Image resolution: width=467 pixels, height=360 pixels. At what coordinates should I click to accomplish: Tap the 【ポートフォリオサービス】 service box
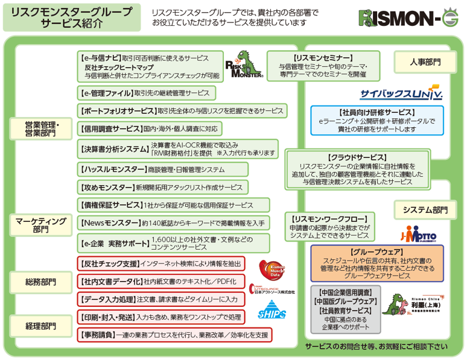click(182, 111)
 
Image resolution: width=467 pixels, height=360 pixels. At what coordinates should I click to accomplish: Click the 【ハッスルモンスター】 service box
click(155, 169)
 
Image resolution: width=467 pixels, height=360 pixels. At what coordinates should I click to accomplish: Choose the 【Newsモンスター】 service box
click(173, 223)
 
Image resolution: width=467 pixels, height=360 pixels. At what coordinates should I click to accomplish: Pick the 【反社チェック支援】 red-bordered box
click(161, 264)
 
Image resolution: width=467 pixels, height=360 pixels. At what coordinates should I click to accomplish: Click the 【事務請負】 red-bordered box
click(174, 334)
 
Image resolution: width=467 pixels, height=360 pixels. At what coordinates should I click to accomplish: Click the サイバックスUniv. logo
click(401, 95)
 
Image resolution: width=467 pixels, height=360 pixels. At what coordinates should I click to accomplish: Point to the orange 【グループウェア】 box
click(376, 263)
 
